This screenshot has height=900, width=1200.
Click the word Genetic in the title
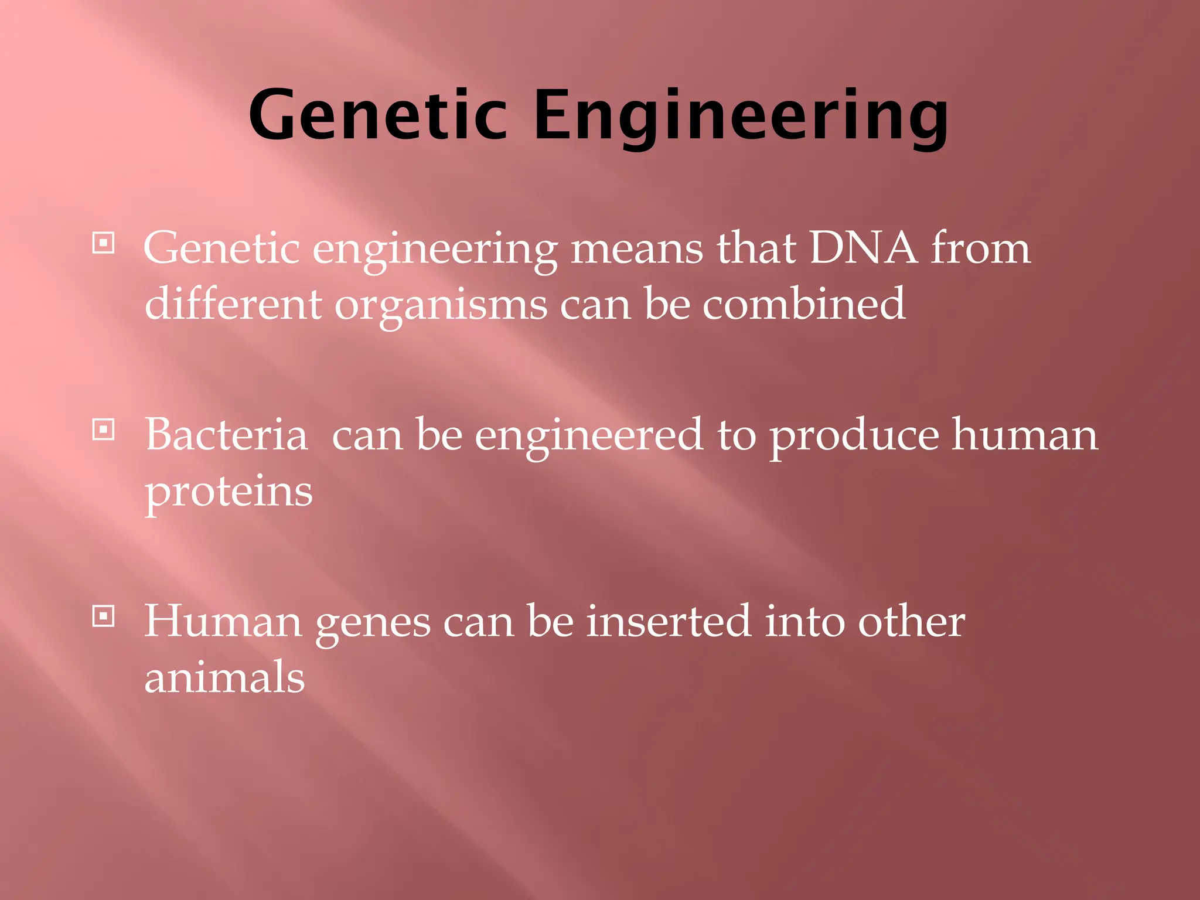coord(378,115)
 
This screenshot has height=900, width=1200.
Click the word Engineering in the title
coord(741,115)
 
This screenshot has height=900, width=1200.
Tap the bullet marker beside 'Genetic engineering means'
coord(104,243)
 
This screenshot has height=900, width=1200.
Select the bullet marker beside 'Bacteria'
coord(104,431)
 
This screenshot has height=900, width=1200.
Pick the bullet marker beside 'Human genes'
coord(104,616)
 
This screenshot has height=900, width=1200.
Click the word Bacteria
coord(226,435)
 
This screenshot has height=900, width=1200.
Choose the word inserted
coord(669,621)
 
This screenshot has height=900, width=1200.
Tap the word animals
coord(224,677)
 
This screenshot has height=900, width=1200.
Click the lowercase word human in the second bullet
coord(1024,435)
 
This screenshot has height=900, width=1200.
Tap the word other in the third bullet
coord(911,621)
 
